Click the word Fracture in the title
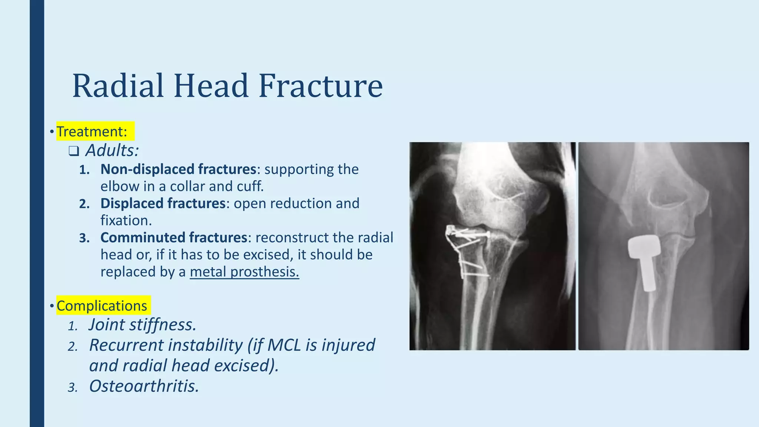[321, 86]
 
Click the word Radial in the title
[118, 86]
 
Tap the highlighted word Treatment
[92, 132]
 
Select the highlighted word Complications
[102, 306]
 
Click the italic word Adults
[112, 150]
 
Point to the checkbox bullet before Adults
[74, 151]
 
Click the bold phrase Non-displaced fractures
[178, 169]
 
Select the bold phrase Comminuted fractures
[174, 238]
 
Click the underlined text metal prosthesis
[244, 272]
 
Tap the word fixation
[126, 221]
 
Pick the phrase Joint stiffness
[142, 325]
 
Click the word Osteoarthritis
[144, 386]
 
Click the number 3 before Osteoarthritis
[73, 388]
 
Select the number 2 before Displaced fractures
[84, 204]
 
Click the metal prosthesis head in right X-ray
[644, 247]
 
